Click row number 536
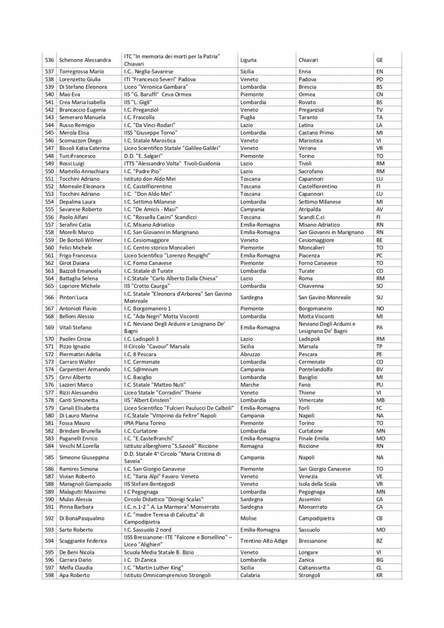pos(49,60)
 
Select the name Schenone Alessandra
pos(85,60)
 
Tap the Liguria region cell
pos(248,60)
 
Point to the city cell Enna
pos(304,72)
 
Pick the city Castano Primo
pos(316,132)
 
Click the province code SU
pos(380,297)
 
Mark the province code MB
pos(380,400)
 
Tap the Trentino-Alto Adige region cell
pos(263,541)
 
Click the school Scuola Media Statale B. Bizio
pos(159,552)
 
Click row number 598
pos(49,575)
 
